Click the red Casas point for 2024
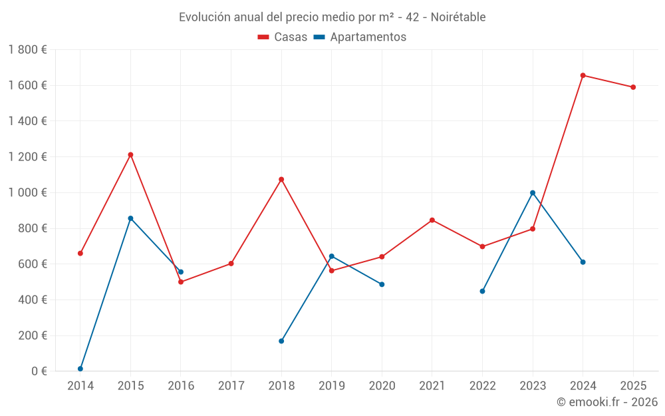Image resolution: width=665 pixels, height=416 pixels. coord(583,75)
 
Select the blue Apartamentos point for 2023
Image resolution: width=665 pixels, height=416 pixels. coord(533,193)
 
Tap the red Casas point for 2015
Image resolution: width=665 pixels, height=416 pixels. coord(130,154)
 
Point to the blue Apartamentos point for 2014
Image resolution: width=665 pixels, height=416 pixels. coord(80,369)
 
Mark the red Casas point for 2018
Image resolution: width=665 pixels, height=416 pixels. coord(281,179)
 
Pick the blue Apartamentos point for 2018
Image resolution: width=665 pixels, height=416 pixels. coord(281,341)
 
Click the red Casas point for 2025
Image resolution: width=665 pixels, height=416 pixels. coord(633,87)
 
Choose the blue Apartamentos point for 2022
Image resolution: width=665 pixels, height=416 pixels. coord(482,291)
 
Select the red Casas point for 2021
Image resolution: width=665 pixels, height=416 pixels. coord(432,220)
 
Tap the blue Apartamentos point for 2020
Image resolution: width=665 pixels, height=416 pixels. coord(382,284)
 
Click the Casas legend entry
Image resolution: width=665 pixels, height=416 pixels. coord(283,37)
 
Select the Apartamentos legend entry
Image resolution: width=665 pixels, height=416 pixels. coord(360,37)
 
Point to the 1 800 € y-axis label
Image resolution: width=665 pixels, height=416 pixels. coord(28,50)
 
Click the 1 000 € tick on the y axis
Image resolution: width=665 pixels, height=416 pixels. coord(28,192)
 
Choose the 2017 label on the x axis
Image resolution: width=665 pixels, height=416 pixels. coord(231,385)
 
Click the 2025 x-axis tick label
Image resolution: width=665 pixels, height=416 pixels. coord(633,385)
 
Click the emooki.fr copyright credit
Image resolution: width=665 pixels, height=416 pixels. coord(607,402)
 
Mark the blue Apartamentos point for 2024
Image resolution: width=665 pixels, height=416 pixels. coord(583,262)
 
